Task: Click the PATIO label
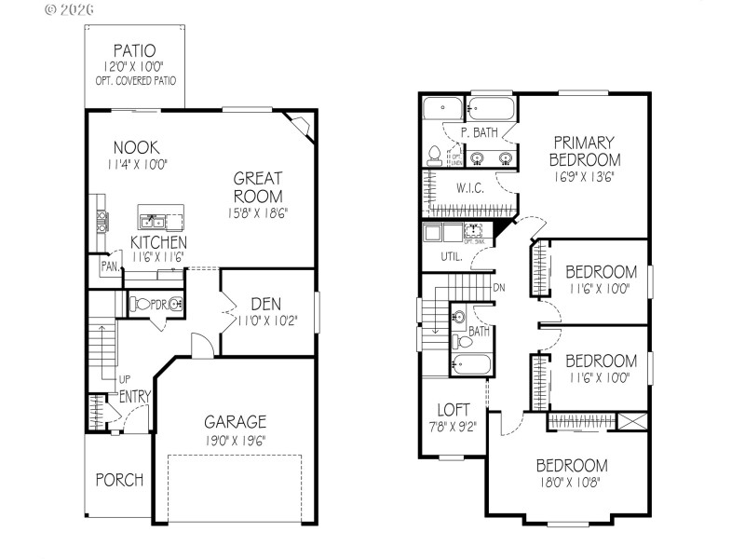pyautogui.click(x=135, y=49)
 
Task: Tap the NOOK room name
pyautogui.click(x=136, y=147)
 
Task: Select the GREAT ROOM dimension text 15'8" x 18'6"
pyautogui.click(x=258, y=212)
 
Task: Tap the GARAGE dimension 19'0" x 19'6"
pyautogui.click(x=236, y=441)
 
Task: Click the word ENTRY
pyautogui.click(x=135, y=397)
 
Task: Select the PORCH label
pyautogui.click(x=119, y=480)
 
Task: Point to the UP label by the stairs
pyautogui.click(x=124, y=380)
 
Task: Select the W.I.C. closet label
pyautogui.click(x=470, y=188)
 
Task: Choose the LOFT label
pyautogui.click(x=454, y=409)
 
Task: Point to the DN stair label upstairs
pyautogui.click(x=499, y=287)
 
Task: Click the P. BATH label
pyautogui.click(x=479, y=133)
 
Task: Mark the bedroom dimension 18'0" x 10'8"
pyautogui.click(x=571, y=484)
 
